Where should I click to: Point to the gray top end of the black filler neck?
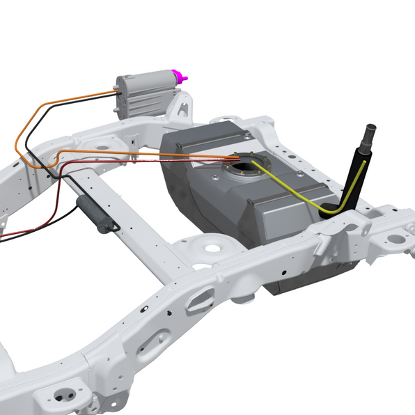tap(368, 132)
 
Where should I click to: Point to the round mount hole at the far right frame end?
tap(396, 239)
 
